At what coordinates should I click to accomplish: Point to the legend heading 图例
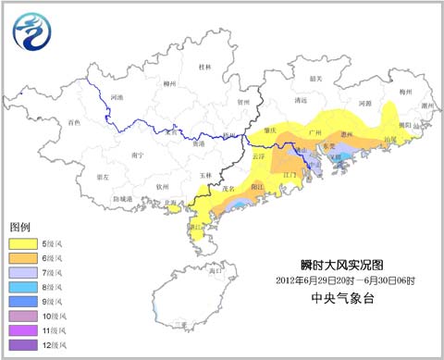pos(20,227)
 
